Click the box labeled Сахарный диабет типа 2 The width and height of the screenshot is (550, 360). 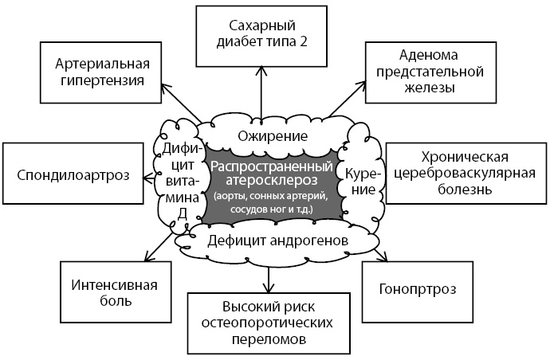262,34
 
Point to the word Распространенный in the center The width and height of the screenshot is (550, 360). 269,166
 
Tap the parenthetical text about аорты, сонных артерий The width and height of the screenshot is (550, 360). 270,202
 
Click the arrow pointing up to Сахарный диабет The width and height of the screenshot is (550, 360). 261,92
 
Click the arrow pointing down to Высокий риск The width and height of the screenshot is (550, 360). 268,271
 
